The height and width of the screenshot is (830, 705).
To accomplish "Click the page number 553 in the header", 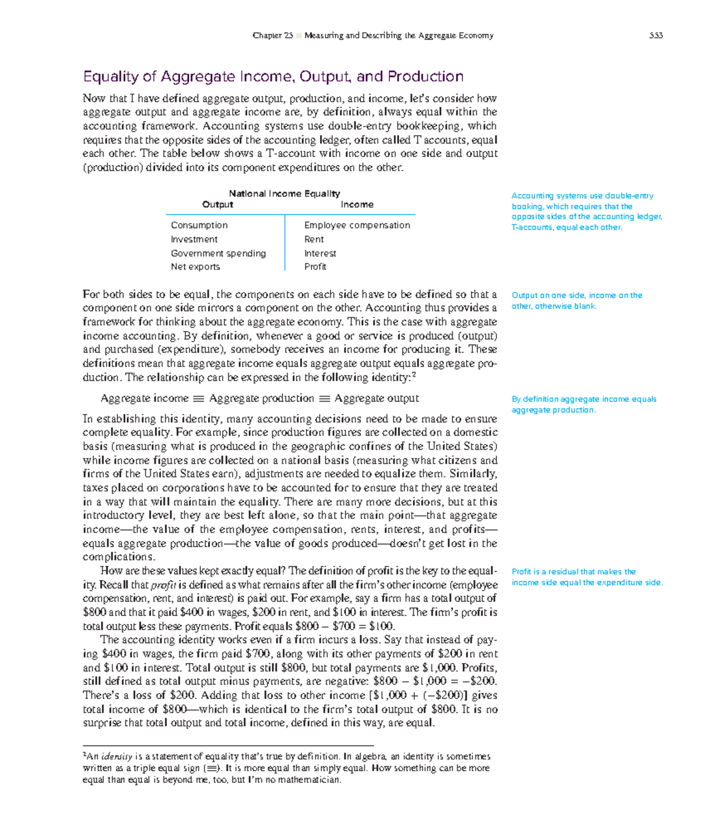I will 656,35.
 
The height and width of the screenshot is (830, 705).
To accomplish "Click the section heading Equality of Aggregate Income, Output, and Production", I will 273,76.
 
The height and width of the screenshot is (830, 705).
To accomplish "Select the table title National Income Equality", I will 284,193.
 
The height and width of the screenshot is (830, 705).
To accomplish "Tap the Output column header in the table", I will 217,205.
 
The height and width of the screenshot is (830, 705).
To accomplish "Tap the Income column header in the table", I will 357,205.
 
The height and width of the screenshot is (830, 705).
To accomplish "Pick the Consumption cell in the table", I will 199,225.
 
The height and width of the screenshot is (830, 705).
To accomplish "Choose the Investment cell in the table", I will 194,239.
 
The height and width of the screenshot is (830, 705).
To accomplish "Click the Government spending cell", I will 218,253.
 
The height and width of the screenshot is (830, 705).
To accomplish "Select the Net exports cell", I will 195,267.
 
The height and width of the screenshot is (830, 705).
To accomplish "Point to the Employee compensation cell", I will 357,225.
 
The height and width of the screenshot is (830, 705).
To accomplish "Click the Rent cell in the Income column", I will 314,239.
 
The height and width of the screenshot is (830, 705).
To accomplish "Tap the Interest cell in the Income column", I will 320,253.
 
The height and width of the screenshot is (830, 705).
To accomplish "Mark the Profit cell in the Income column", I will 315,267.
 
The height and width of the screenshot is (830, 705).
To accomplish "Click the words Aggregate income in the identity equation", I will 145,399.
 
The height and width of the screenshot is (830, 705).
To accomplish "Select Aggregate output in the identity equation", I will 377,399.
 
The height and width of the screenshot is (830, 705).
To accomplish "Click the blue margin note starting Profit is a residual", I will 586,577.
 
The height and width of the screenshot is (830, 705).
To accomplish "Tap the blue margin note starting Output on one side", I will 576,300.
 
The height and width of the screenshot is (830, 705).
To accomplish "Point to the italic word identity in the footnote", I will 116,757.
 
